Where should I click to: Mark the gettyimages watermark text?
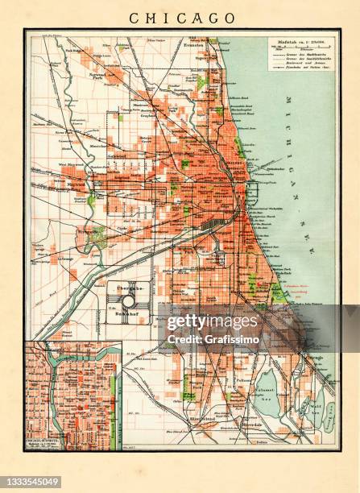(x=213, y=322)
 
